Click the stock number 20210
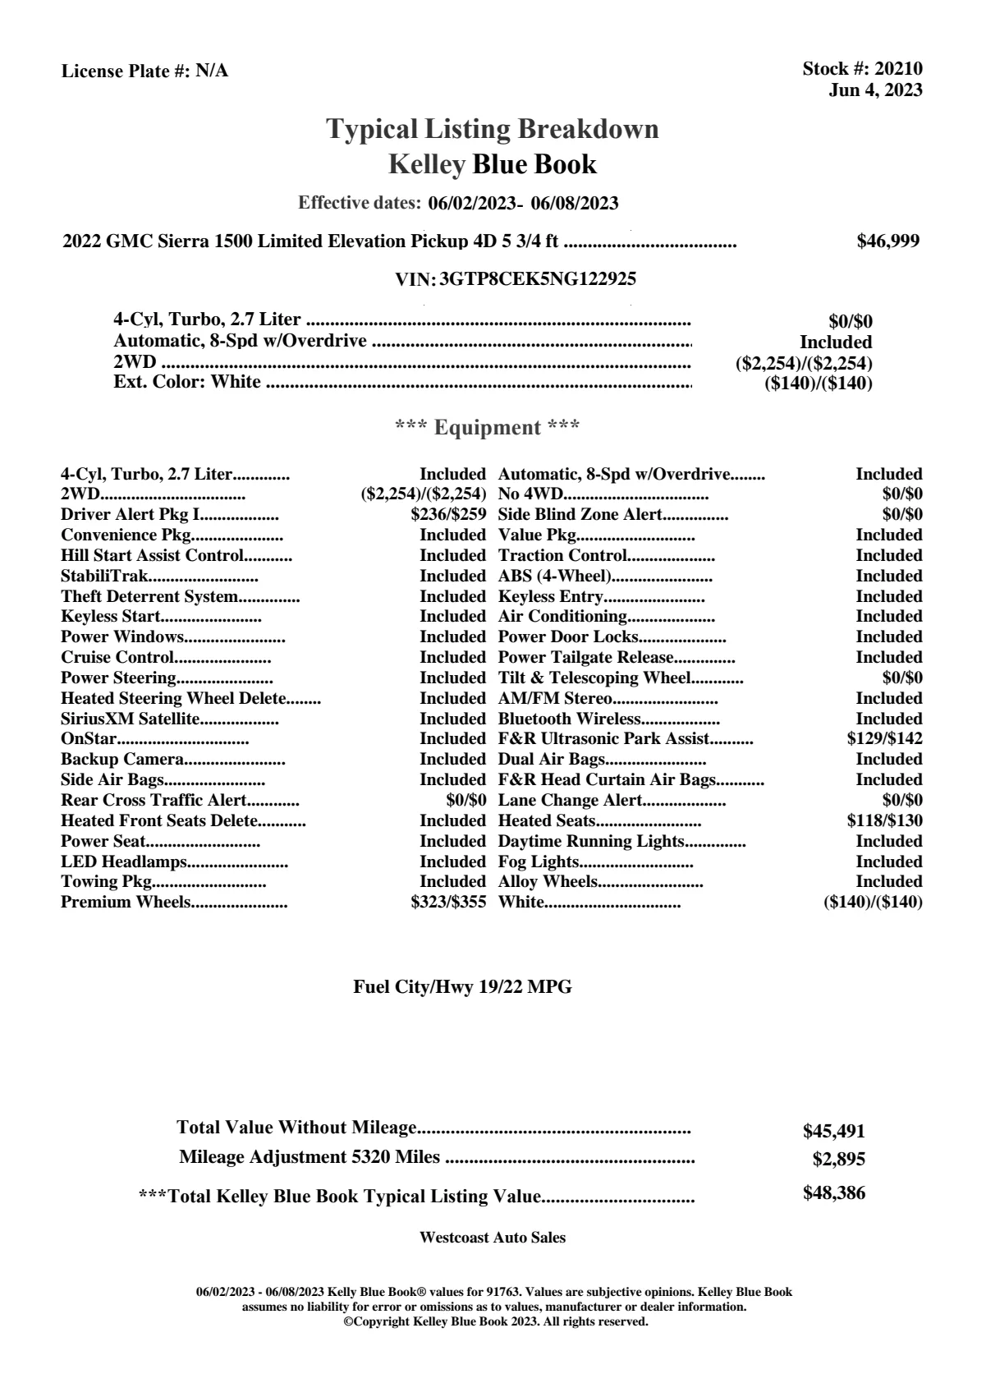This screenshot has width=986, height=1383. tap(898, 69)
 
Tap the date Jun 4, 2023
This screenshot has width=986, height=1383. tap(875, 90)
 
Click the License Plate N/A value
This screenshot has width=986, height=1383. tap(212, 71)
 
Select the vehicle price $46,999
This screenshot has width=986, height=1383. tap(887, 241)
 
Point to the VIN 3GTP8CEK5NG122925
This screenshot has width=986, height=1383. tap(538, 279)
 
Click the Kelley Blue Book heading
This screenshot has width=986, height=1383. tap(492, 164)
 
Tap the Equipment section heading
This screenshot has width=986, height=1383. tap(487, 427)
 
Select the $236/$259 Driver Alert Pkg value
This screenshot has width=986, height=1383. tap(448, 515)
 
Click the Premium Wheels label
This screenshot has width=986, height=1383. tap(126, 903)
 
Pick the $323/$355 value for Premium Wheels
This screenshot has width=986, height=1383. tap(448, 903)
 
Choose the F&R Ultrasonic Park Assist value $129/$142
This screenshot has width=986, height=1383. tap(884, 738)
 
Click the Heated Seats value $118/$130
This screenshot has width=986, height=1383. tap(884, 820)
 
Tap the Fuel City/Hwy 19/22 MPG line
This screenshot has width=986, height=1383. tap(462, 987)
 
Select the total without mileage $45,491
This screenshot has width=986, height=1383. tap(833, 1131)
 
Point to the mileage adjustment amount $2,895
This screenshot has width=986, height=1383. tap(838, 1160)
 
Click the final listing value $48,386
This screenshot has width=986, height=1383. tap(833, 1193)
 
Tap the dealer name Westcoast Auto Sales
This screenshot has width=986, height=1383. tap(492, 1237)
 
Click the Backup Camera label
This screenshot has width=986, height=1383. tap(122, 759)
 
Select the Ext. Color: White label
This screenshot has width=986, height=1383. tap(187, 382)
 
